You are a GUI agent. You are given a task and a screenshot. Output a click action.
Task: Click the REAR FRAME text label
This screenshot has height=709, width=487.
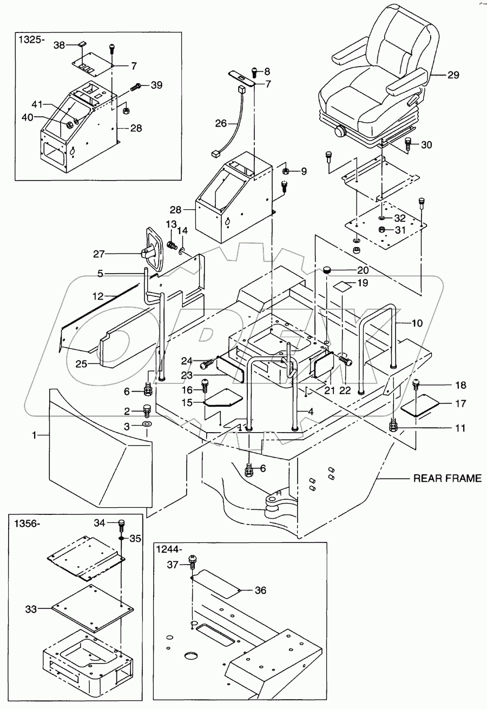[447, 479]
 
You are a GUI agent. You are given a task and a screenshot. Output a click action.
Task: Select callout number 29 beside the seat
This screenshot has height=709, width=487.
[453, 76]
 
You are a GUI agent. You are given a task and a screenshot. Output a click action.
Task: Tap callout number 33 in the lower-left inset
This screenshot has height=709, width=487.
[31, 609]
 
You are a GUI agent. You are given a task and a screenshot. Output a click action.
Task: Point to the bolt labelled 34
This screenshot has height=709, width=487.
[122, 524]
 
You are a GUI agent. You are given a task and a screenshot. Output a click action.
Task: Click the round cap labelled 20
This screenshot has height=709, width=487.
[327, 270]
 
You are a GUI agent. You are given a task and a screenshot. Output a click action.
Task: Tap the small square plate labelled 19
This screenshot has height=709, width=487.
[339, 285]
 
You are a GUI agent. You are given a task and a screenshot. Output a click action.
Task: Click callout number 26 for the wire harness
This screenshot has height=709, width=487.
[221, 123]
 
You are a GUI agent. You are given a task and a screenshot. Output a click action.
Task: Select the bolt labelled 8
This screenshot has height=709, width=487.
[255, 71]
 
